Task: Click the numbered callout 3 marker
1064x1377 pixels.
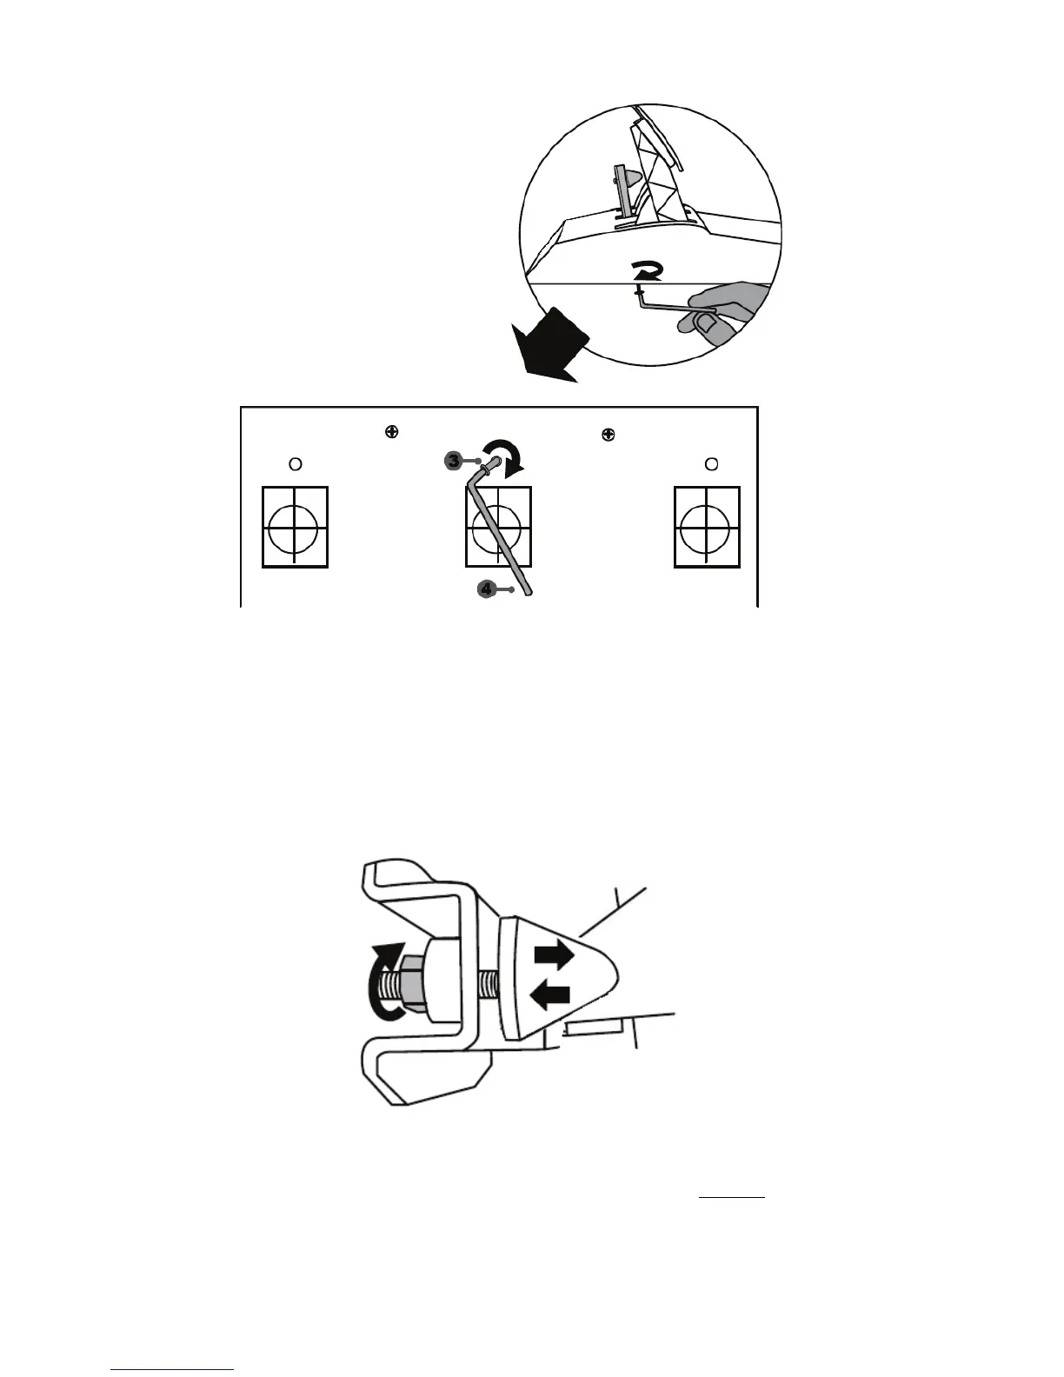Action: [x=454, y=462]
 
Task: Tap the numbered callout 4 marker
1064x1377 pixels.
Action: [x=487, y=589]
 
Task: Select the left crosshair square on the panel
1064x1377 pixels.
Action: [x=295, y=527]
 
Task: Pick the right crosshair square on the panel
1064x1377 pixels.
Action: [x=707, y=527]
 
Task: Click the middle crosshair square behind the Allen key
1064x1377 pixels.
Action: [x=498, y=527]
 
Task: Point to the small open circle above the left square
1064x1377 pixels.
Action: [x=295, y=464]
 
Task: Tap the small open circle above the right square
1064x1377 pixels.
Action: [x=711, y=464]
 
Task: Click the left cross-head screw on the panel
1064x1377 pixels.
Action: [x=392, y=431]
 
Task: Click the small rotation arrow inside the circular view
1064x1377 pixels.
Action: [x=648, y=272]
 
